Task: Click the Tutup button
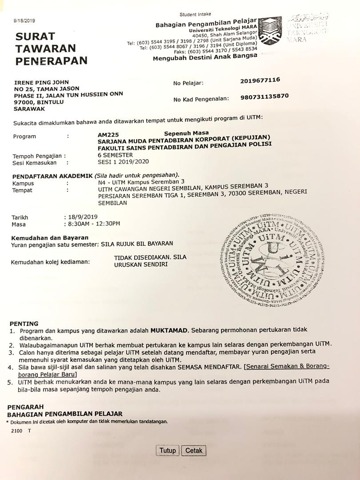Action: coord(168,450)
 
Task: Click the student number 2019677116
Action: coord(260,80)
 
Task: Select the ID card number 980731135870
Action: coord(264,96)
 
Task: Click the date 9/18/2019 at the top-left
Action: coord(24,20)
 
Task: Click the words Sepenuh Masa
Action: coord(186,133)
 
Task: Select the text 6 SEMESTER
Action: coord(115,155)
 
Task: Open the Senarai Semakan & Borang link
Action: coord(287,367)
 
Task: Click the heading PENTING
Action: coord(24,324)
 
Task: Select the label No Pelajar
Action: coord(188,83)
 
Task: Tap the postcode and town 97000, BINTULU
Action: coord(39,102)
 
